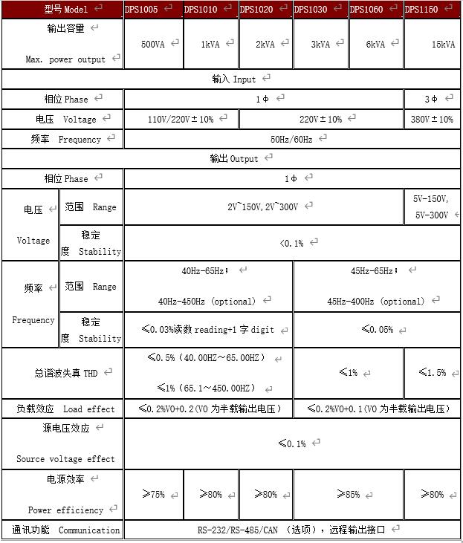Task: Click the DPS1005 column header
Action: [152, 10]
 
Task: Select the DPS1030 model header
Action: [320, 10]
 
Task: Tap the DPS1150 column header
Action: [431, 10]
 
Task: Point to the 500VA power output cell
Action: [153, 44]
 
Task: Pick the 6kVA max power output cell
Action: [375, 44]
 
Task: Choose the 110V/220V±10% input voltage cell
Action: [181, 119]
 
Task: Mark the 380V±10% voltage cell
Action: [432, 119]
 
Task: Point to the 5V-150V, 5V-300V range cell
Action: [431, 207]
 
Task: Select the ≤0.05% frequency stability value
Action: [377, 329]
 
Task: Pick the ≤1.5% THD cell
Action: [432, 372]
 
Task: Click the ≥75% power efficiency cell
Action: [153, 494]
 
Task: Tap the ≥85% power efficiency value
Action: [348, 494]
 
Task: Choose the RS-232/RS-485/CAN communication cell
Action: [291, 530]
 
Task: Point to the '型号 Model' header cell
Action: [62, 10]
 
